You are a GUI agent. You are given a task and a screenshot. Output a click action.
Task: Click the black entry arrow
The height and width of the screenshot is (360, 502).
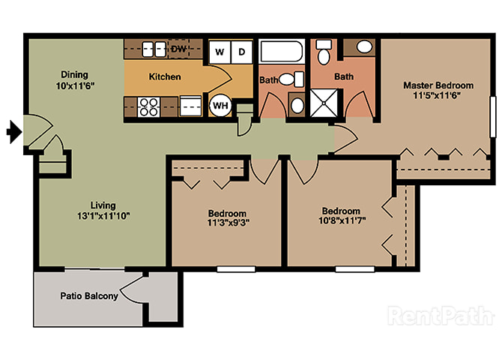pos(14,132)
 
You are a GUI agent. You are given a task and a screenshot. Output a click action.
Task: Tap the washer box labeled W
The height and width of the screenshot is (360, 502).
pos(220,52)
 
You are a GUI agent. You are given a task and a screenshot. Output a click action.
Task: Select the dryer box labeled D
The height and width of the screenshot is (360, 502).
pos(242,52)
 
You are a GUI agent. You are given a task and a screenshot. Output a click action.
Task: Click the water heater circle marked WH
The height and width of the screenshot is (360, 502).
pos(220,105)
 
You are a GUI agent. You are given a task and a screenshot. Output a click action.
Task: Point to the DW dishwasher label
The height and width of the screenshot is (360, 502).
pos(178,49)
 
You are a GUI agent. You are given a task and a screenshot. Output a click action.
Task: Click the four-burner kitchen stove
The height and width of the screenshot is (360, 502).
pos(148,106)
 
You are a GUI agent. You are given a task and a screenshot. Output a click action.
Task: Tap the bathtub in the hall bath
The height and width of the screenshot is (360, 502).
pos(282,51)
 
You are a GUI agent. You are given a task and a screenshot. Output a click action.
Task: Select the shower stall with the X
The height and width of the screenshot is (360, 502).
pos(324,103)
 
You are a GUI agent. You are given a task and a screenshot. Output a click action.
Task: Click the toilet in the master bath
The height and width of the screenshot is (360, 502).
pos(324,51)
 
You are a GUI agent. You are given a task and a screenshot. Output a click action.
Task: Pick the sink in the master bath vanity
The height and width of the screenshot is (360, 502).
pos(364,47)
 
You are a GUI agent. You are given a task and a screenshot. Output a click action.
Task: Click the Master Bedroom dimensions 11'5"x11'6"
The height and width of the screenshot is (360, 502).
pos(438,95)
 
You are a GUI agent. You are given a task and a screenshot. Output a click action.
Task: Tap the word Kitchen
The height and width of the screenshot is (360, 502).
pos(165,77)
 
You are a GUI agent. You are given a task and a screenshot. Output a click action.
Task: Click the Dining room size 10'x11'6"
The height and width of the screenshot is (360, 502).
pos(75,86)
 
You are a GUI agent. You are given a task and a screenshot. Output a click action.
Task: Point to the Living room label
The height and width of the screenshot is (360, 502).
pos(103,205)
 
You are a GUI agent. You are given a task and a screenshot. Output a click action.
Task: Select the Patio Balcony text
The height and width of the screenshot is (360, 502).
pos(89,295)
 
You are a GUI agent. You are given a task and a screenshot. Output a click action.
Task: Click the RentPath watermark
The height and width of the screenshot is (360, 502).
pos(441,316)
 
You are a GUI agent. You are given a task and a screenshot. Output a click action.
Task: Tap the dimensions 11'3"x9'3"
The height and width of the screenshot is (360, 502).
pos(229,223)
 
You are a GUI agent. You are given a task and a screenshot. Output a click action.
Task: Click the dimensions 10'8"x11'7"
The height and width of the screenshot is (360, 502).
pos(342,220)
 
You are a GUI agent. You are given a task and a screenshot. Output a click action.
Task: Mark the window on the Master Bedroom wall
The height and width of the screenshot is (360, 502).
pos(493,117)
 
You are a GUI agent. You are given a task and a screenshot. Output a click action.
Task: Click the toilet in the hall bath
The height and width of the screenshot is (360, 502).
pos(291,79)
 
